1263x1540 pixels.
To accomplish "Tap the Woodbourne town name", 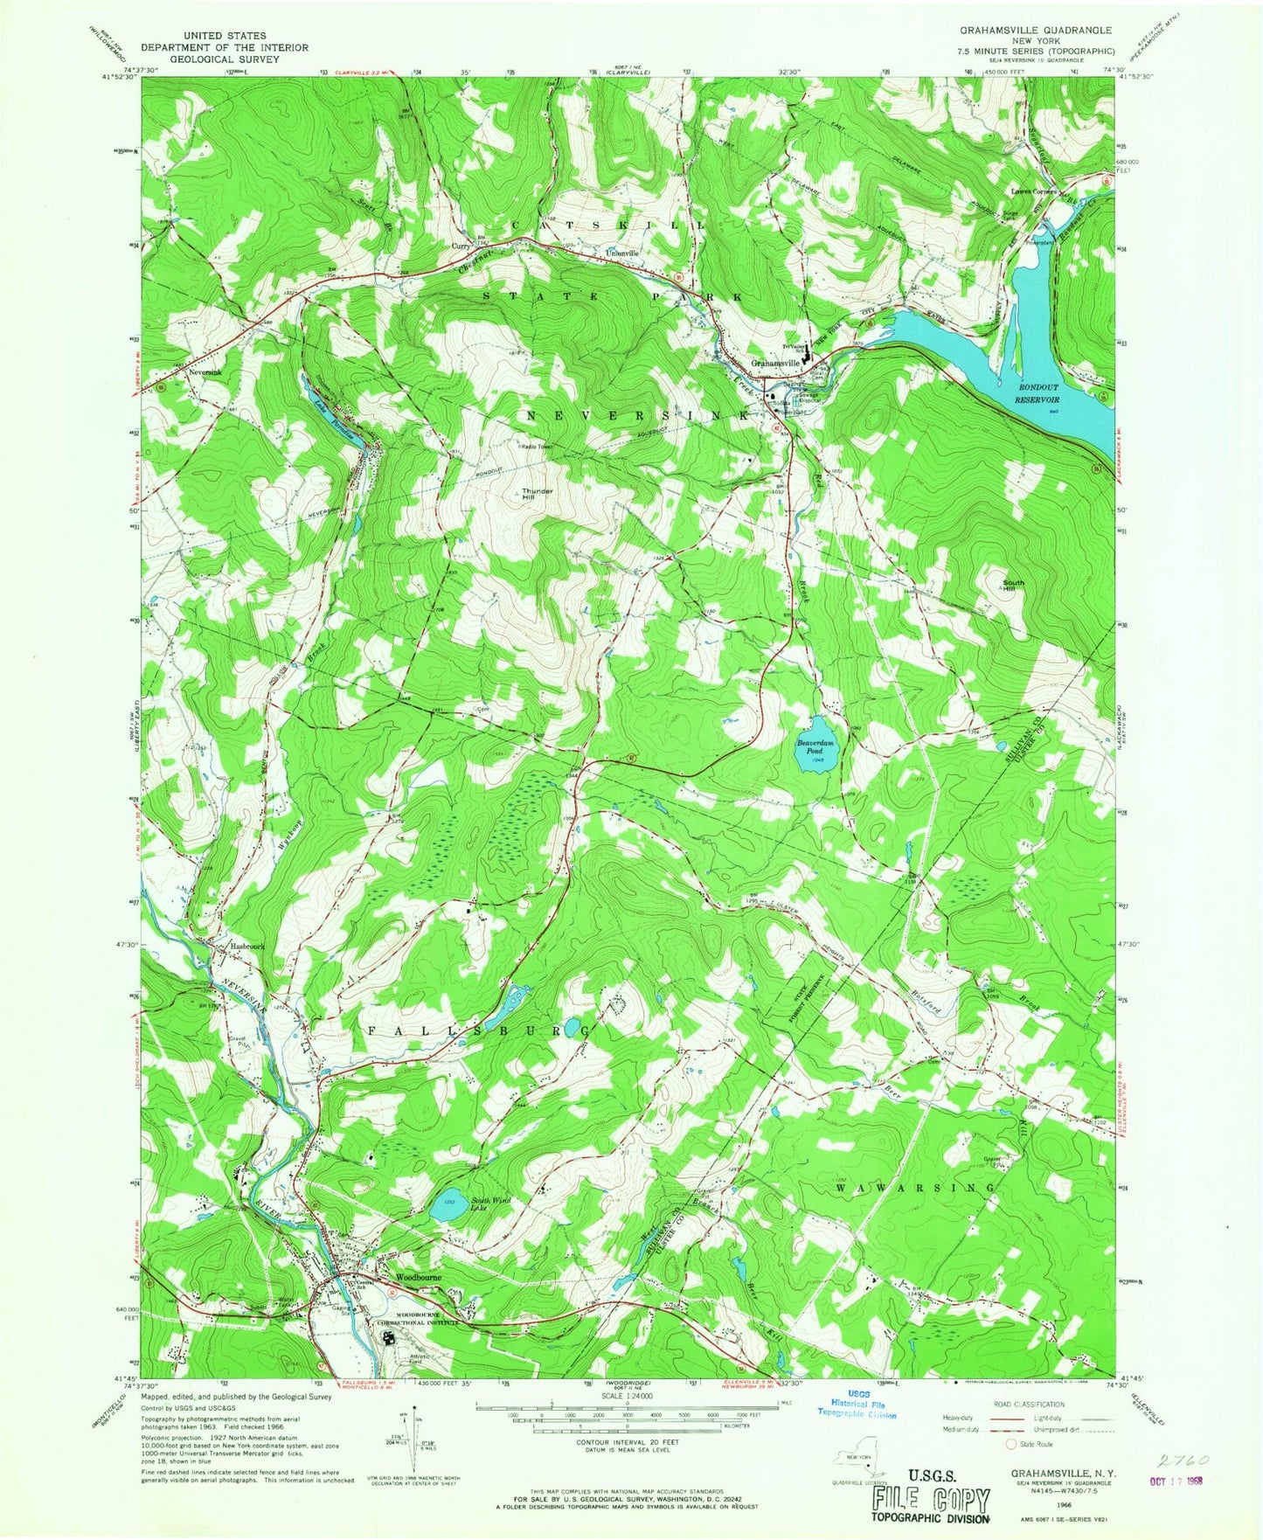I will (419, 1277).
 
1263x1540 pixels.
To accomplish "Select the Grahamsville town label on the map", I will (775, 362).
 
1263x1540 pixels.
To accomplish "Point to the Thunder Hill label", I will (538, 494).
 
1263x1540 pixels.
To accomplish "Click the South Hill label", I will (1013, 586).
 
